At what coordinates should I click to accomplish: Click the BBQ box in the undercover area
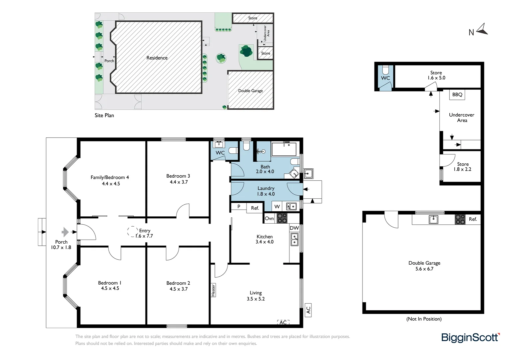pos(457,95)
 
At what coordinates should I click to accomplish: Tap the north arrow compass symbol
pos(482,30)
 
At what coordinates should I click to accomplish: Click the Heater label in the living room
pos(213,290)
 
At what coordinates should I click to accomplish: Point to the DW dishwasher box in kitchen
pos(294,228)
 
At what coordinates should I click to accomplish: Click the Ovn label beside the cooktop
pos(269,219)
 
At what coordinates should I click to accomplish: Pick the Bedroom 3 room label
pos(178,179)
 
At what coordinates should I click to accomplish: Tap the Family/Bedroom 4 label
pos(110,180)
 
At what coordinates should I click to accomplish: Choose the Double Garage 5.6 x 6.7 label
pos(424,266)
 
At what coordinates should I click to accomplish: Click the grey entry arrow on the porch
pos(65,232)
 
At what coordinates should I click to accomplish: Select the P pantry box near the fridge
pos(239,207)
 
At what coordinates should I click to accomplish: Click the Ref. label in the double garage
pos(473,219)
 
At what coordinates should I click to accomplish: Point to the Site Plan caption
pos(104,115)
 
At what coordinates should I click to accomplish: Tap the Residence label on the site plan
pos(157,58)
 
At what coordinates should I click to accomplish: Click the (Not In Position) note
pos(424,319)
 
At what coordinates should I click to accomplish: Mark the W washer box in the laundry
pos(277,207)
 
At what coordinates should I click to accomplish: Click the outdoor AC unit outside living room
pos(308,310)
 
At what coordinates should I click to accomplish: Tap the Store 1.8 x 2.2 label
pos(462,167)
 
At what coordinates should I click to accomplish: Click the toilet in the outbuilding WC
pos(385,70)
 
